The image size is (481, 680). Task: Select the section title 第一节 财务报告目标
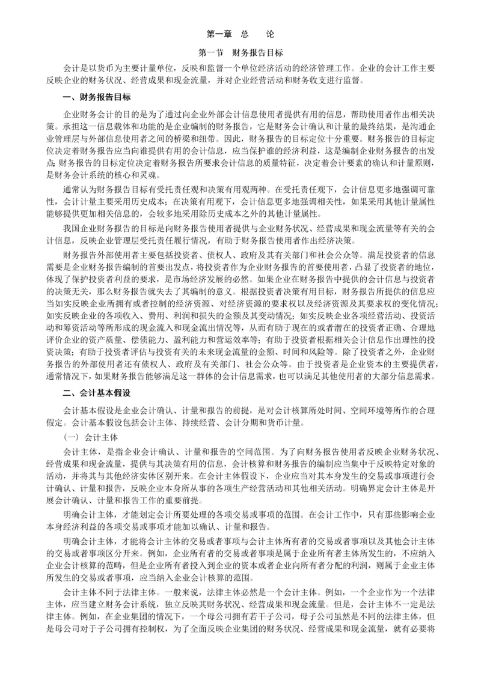(x=240, y=53)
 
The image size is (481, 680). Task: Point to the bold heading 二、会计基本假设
(x=96, y=393)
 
